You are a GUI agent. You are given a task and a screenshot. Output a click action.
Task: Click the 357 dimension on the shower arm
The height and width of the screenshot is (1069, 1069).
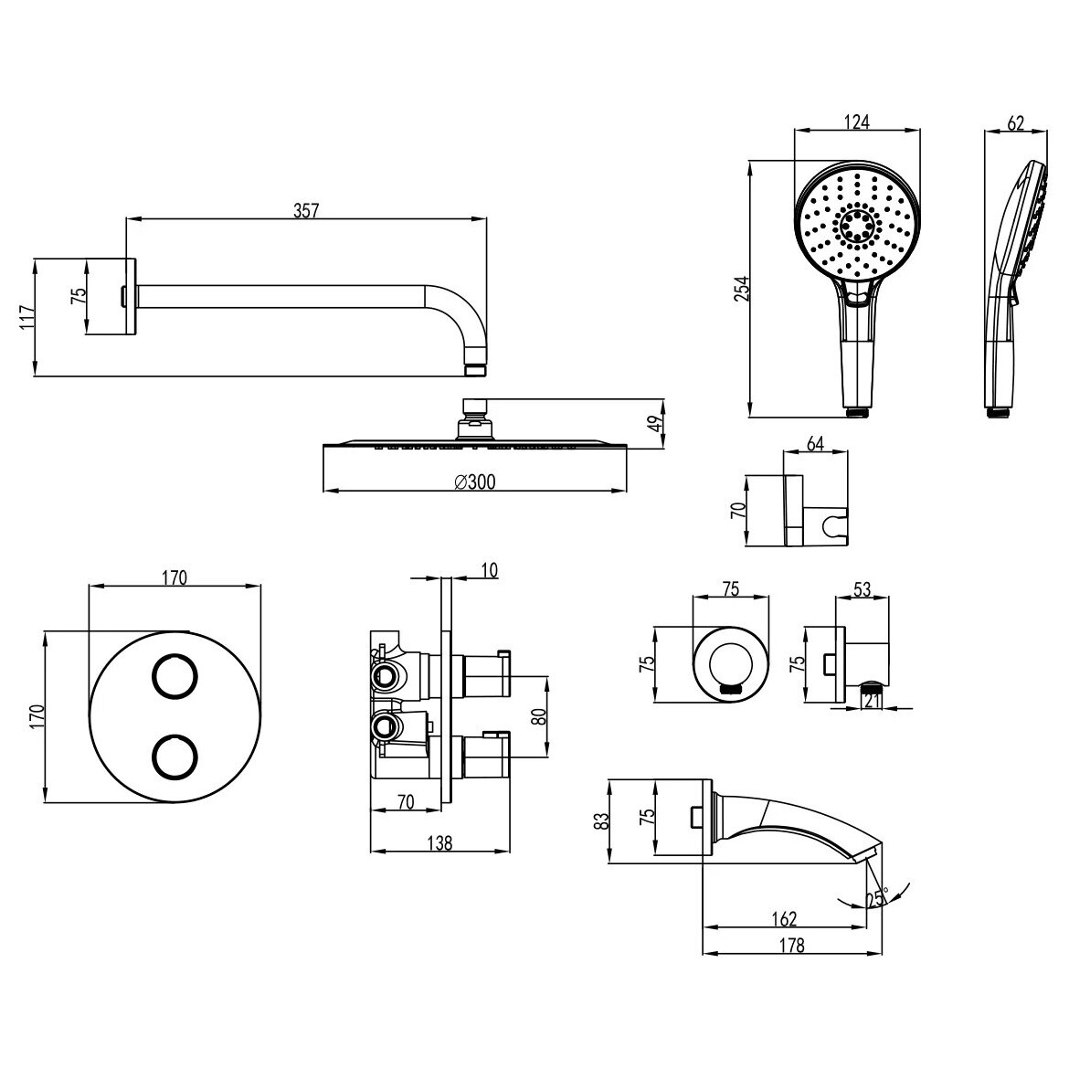306,211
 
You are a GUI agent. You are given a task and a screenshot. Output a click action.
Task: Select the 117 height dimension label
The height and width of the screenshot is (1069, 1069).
27,318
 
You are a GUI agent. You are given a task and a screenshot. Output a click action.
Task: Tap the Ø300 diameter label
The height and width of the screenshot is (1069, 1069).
475,482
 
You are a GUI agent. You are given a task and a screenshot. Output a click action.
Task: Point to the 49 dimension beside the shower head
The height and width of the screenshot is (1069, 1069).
654,424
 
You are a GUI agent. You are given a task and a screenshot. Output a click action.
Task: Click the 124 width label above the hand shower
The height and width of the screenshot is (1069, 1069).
857,122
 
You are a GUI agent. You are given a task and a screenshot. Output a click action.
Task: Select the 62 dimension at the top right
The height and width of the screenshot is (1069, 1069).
1015,122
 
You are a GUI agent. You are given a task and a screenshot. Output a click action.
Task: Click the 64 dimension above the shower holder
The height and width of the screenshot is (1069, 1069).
815,444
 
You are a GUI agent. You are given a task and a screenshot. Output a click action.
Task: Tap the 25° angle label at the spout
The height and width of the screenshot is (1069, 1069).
878,898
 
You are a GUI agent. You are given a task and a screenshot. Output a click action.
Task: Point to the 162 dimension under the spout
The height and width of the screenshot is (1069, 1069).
784,919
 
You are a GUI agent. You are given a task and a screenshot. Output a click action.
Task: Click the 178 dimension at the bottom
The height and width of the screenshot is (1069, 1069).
791,945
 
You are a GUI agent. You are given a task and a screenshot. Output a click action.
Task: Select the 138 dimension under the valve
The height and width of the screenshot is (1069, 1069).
439,843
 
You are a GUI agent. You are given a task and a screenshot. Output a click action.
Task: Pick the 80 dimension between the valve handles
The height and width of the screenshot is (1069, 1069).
538,716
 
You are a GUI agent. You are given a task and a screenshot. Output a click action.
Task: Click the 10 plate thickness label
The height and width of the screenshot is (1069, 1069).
490,570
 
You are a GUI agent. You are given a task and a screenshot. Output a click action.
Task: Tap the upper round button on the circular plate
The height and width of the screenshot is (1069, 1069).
174,676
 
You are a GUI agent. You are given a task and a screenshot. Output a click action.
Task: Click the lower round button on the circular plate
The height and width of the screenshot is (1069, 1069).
174,757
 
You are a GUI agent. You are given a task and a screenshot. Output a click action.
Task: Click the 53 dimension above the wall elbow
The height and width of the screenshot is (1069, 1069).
863,589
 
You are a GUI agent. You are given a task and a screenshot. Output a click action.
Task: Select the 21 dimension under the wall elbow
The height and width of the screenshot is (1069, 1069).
873,700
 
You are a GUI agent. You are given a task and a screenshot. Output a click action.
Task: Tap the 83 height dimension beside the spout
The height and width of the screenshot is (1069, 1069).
600,820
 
